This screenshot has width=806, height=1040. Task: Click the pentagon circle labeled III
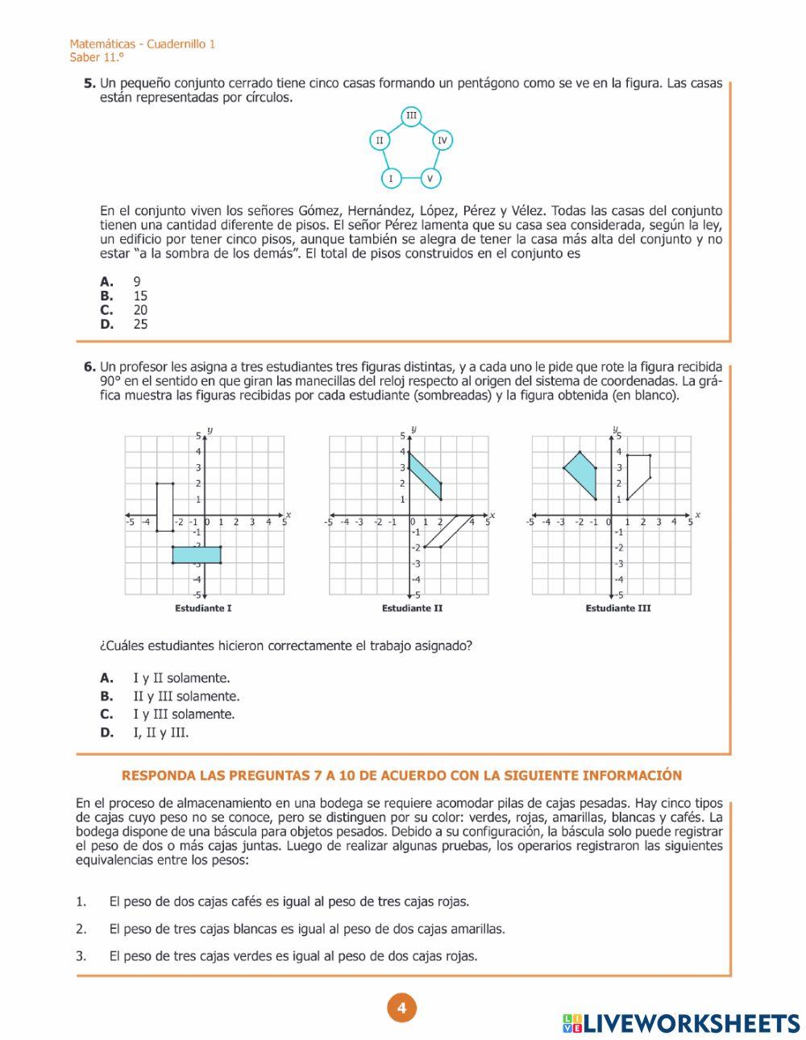point(411,116)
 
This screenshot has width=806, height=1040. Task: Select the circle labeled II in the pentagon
point(380,140)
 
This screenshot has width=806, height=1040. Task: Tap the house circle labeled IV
point(442,140)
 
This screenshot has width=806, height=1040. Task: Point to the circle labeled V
point(430,178)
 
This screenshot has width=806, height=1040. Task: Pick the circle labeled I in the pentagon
point(391,178)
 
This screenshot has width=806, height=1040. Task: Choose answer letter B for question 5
point(106,296)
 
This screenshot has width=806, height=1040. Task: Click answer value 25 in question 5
point(140,325)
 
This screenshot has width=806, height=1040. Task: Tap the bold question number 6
point(89,367)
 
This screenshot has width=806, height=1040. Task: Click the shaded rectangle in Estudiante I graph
point(196,555)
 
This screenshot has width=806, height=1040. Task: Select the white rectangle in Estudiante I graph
point(164,507)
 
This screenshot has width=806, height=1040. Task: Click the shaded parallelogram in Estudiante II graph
point(426,475)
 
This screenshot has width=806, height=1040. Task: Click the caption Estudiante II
point(412,608)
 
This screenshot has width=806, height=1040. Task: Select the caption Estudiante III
point(617,608)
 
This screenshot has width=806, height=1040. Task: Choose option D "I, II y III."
point(160,732)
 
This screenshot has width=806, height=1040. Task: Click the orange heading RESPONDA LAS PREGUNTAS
point(401,776)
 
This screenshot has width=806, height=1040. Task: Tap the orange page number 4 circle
point(401,1008)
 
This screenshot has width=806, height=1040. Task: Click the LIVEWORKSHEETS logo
point(681,1023)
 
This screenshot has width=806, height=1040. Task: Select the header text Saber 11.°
point(97,57)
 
